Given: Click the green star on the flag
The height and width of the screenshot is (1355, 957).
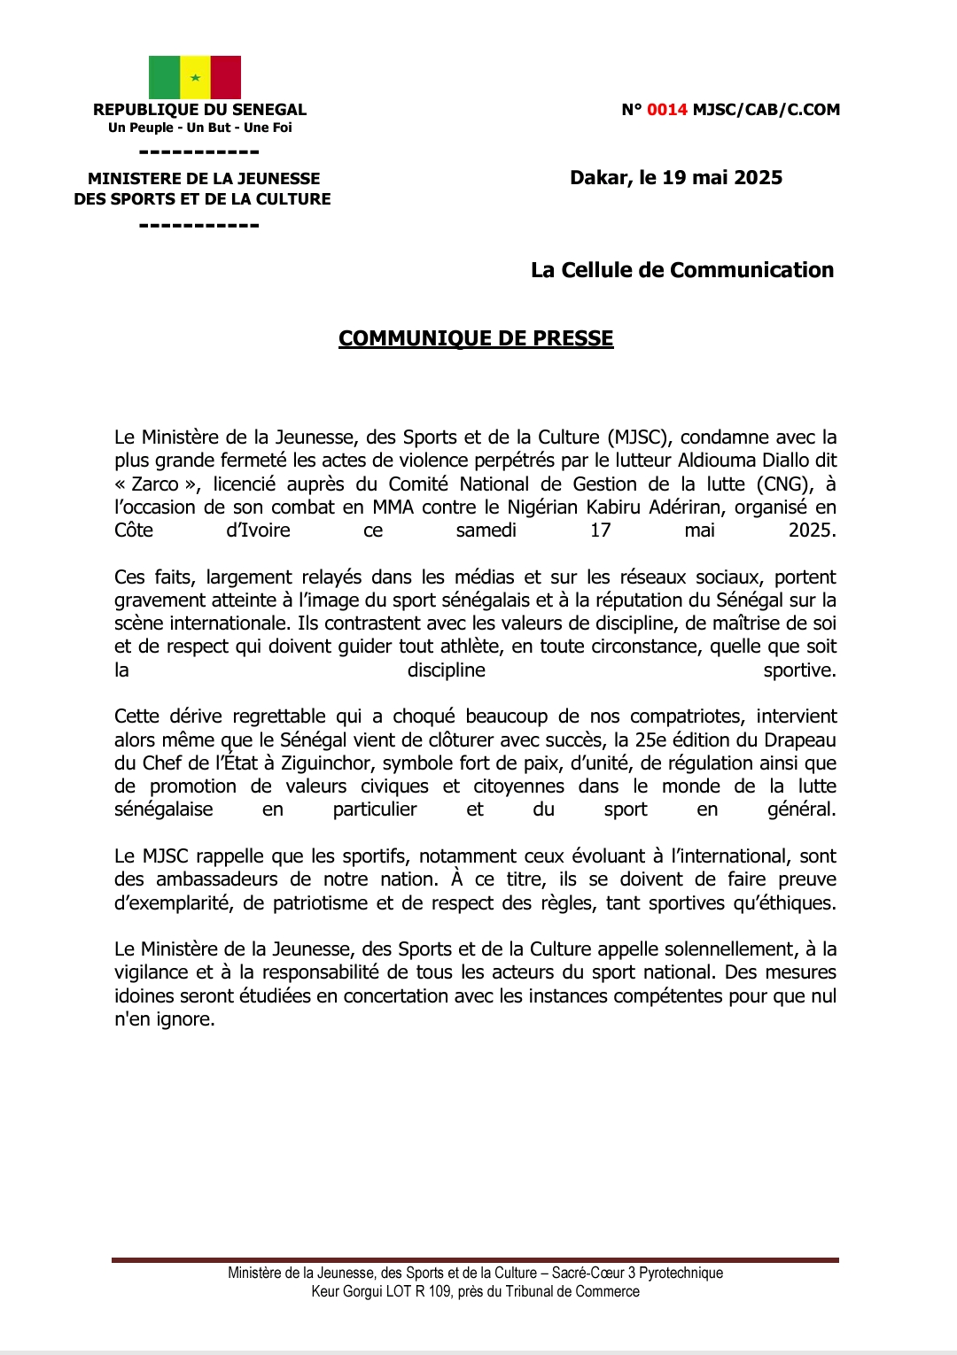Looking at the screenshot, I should coord(195,78).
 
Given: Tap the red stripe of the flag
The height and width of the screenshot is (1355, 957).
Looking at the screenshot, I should coord(226,77).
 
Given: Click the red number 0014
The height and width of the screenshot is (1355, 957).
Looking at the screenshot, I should coord(667,110).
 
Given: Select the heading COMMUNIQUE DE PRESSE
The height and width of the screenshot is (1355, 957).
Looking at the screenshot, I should coord(476,338).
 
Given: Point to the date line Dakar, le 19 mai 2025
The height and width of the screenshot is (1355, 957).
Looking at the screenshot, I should coord(676,177).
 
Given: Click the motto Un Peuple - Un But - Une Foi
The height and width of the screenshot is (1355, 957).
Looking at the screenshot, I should coord(200,128).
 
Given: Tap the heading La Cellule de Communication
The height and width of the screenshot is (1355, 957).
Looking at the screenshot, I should coord(682,270).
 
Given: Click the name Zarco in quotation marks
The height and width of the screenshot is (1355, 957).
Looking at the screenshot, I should coord(155,484).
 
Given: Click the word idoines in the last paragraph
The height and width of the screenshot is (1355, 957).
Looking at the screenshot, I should coord(144,996).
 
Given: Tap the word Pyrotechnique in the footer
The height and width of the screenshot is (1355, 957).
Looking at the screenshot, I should coord(681,1273).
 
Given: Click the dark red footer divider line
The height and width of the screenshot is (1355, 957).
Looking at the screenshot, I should coord(475,1259).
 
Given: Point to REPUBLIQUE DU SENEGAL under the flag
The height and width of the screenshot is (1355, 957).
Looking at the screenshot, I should coord(200,110).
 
